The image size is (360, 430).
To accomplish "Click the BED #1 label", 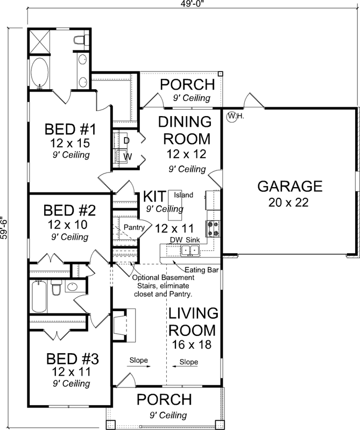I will click(x=70, y=130).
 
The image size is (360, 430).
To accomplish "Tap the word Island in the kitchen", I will click(x=183, y=195).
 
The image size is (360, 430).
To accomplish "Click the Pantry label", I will click(x=134, y=227).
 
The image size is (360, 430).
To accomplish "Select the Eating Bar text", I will click(x=201, y=269).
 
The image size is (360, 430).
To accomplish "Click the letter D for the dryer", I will click(x=127, y=140).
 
